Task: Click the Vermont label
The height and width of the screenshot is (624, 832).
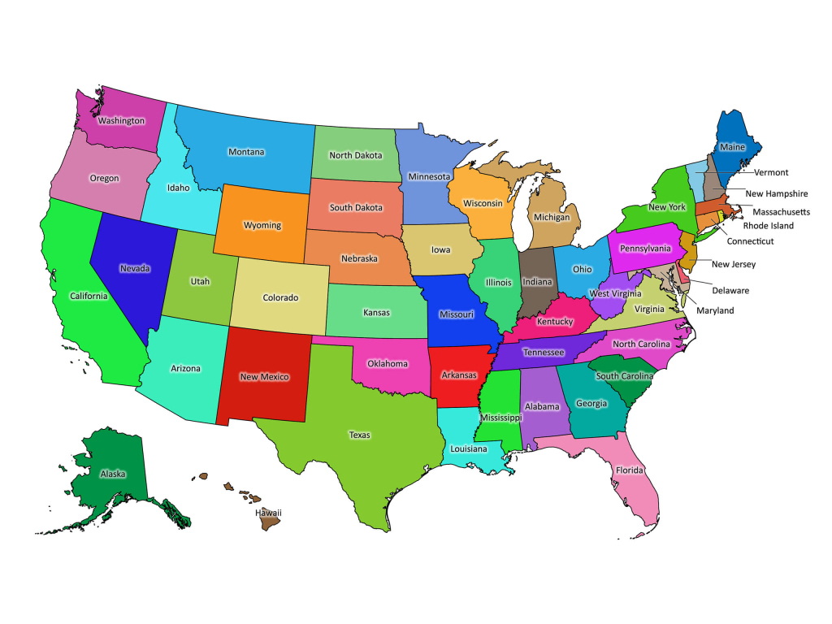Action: click(x=771, y=172)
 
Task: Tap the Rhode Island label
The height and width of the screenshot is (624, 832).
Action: click(x=768, y=225)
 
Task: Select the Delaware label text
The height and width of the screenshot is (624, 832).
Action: click(x=730, y=290)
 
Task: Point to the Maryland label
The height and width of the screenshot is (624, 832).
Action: click(x=715, y=310)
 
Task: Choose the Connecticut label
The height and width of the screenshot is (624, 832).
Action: click(x=750, y=241)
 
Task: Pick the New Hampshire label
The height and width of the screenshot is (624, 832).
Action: click(x=776, y=193)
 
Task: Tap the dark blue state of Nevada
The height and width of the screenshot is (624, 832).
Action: click(x=134, y=268)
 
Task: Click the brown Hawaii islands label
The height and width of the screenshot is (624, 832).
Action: click(x=268, y=513)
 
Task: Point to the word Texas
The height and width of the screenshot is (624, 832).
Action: click(x=359, y=435)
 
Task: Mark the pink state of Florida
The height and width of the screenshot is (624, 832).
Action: click(x=629, y=470)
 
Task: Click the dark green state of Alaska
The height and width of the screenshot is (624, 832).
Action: click(x=113, y=474)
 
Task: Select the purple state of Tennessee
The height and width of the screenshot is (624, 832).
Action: click(x=543, y=353)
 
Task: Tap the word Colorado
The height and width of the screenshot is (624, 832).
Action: click(x=280, y=297)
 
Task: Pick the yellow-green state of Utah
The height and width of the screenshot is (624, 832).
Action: click(x=200, y=282)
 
